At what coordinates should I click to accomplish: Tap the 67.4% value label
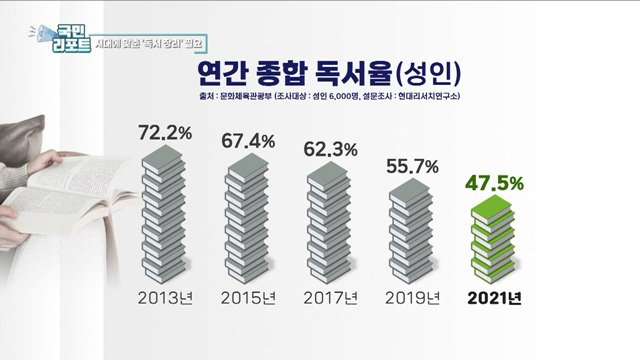[x=247, y=142]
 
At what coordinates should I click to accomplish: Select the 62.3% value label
[x=329, y=151]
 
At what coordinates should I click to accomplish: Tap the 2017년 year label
[x=329, y=300]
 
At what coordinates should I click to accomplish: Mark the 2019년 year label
[x=411, y=300]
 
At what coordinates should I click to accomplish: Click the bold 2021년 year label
[x=494, y=300]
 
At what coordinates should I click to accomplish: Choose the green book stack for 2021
[x=494, y=241]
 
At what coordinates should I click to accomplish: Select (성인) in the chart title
[x=424, y=73]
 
